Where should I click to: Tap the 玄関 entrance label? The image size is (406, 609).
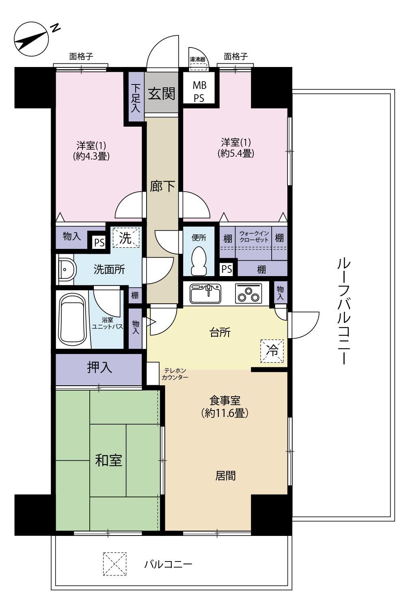[x=161, y=94]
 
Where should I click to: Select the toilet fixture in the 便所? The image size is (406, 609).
[x=199, y=261]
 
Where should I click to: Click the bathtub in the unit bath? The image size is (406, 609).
[x=72, y=320]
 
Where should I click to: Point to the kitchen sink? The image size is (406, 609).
[x=205, y=294]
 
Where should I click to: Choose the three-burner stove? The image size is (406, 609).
[x=248, y=294]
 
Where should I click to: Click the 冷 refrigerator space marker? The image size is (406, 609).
[x=272, y=351]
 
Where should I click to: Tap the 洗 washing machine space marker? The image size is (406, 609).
[x=126, y=238]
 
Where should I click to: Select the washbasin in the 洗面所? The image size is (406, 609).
[x=67, y=270]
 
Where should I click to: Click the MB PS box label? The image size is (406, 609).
[x=199, y=92]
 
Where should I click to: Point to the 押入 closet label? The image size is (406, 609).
[x=99, y=367]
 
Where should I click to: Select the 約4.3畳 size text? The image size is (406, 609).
[x=91, y=156]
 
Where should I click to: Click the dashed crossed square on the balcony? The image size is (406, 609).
[x=114, y=564]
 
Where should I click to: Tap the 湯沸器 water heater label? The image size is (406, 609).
[x=197, y=59]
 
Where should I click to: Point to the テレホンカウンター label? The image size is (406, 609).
[x=175, y=374]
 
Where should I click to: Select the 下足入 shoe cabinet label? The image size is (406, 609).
[x=136, y=98]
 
